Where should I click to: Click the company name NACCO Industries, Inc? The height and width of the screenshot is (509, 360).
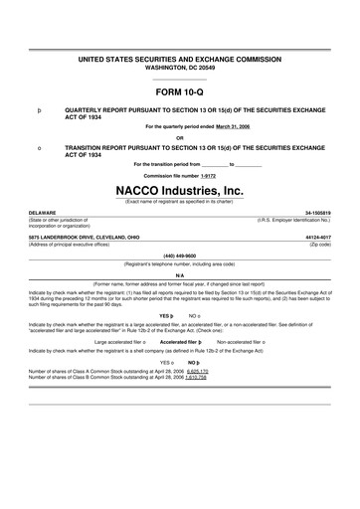click(x=180, y=189)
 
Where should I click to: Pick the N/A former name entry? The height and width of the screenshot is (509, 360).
click(x=180, y=276)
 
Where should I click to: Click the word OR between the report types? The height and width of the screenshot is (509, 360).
click(x=180, y=137)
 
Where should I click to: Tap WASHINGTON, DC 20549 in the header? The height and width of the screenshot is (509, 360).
click(x=180, y=69)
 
